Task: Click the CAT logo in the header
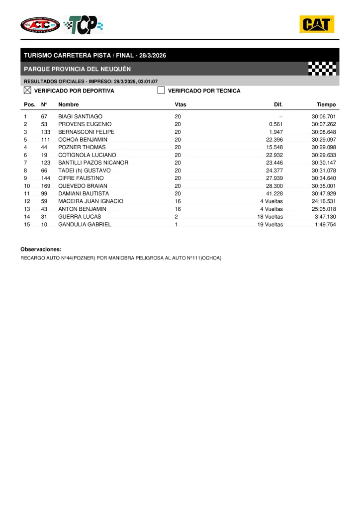317,24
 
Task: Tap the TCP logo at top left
84,24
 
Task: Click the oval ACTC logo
40,24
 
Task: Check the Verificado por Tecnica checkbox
161,90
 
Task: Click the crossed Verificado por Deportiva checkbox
28,90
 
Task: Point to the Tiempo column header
326,105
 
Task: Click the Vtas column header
180,105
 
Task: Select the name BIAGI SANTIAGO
80,116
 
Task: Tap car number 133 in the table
46,132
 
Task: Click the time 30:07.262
324,124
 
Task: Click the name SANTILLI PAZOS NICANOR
93,163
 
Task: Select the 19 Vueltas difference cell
270,225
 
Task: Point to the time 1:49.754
325,225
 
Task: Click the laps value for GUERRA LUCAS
176,217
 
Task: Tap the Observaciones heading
41,249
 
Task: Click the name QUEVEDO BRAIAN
83,186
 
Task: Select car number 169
46,186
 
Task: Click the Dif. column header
278,105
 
